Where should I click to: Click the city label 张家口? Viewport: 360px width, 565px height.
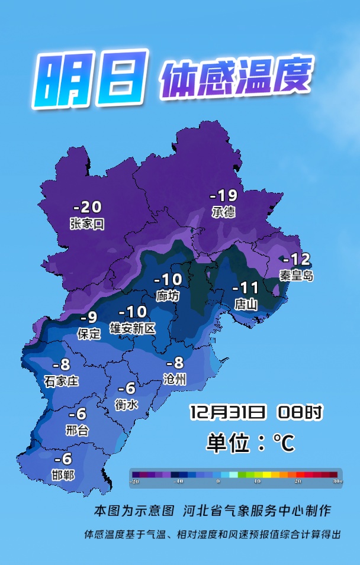click(x=87, y=224)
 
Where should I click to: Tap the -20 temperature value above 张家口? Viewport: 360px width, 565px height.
click(x=87, y=207)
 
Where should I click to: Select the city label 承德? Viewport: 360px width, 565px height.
click(x=223, y=212)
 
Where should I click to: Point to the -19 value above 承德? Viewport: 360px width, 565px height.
click(x=224, y=195)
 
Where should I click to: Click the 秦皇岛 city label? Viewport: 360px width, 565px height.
click(x=296, y=275)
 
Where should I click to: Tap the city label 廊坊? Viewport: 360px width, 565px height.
click(x=168, y=296)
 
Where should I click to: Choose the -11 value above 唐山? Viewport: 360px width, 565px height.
click(x=246, y=288)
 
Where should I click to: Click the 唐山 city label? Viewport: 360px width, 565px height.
click(x=246, y=304)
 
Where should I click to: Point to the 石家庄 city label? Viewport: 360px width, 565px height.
click(x=61, y=381)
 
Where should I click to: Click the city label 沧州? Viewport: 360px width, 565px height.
click(x=175, y=379)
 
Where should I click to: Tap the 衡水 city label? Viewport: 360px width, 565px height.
click(x=126, y=404)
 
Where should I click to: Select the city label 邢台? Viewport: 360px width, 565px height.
click(x=77, y=430)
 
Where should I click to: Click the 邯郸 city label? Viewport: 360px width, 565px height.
click(x=63, y=474)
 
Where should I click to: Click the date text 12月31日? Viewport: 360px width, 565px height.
click(x=227, y=412)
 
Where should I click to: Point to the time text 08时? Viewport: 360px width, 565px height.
click(x=300, y=412)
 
